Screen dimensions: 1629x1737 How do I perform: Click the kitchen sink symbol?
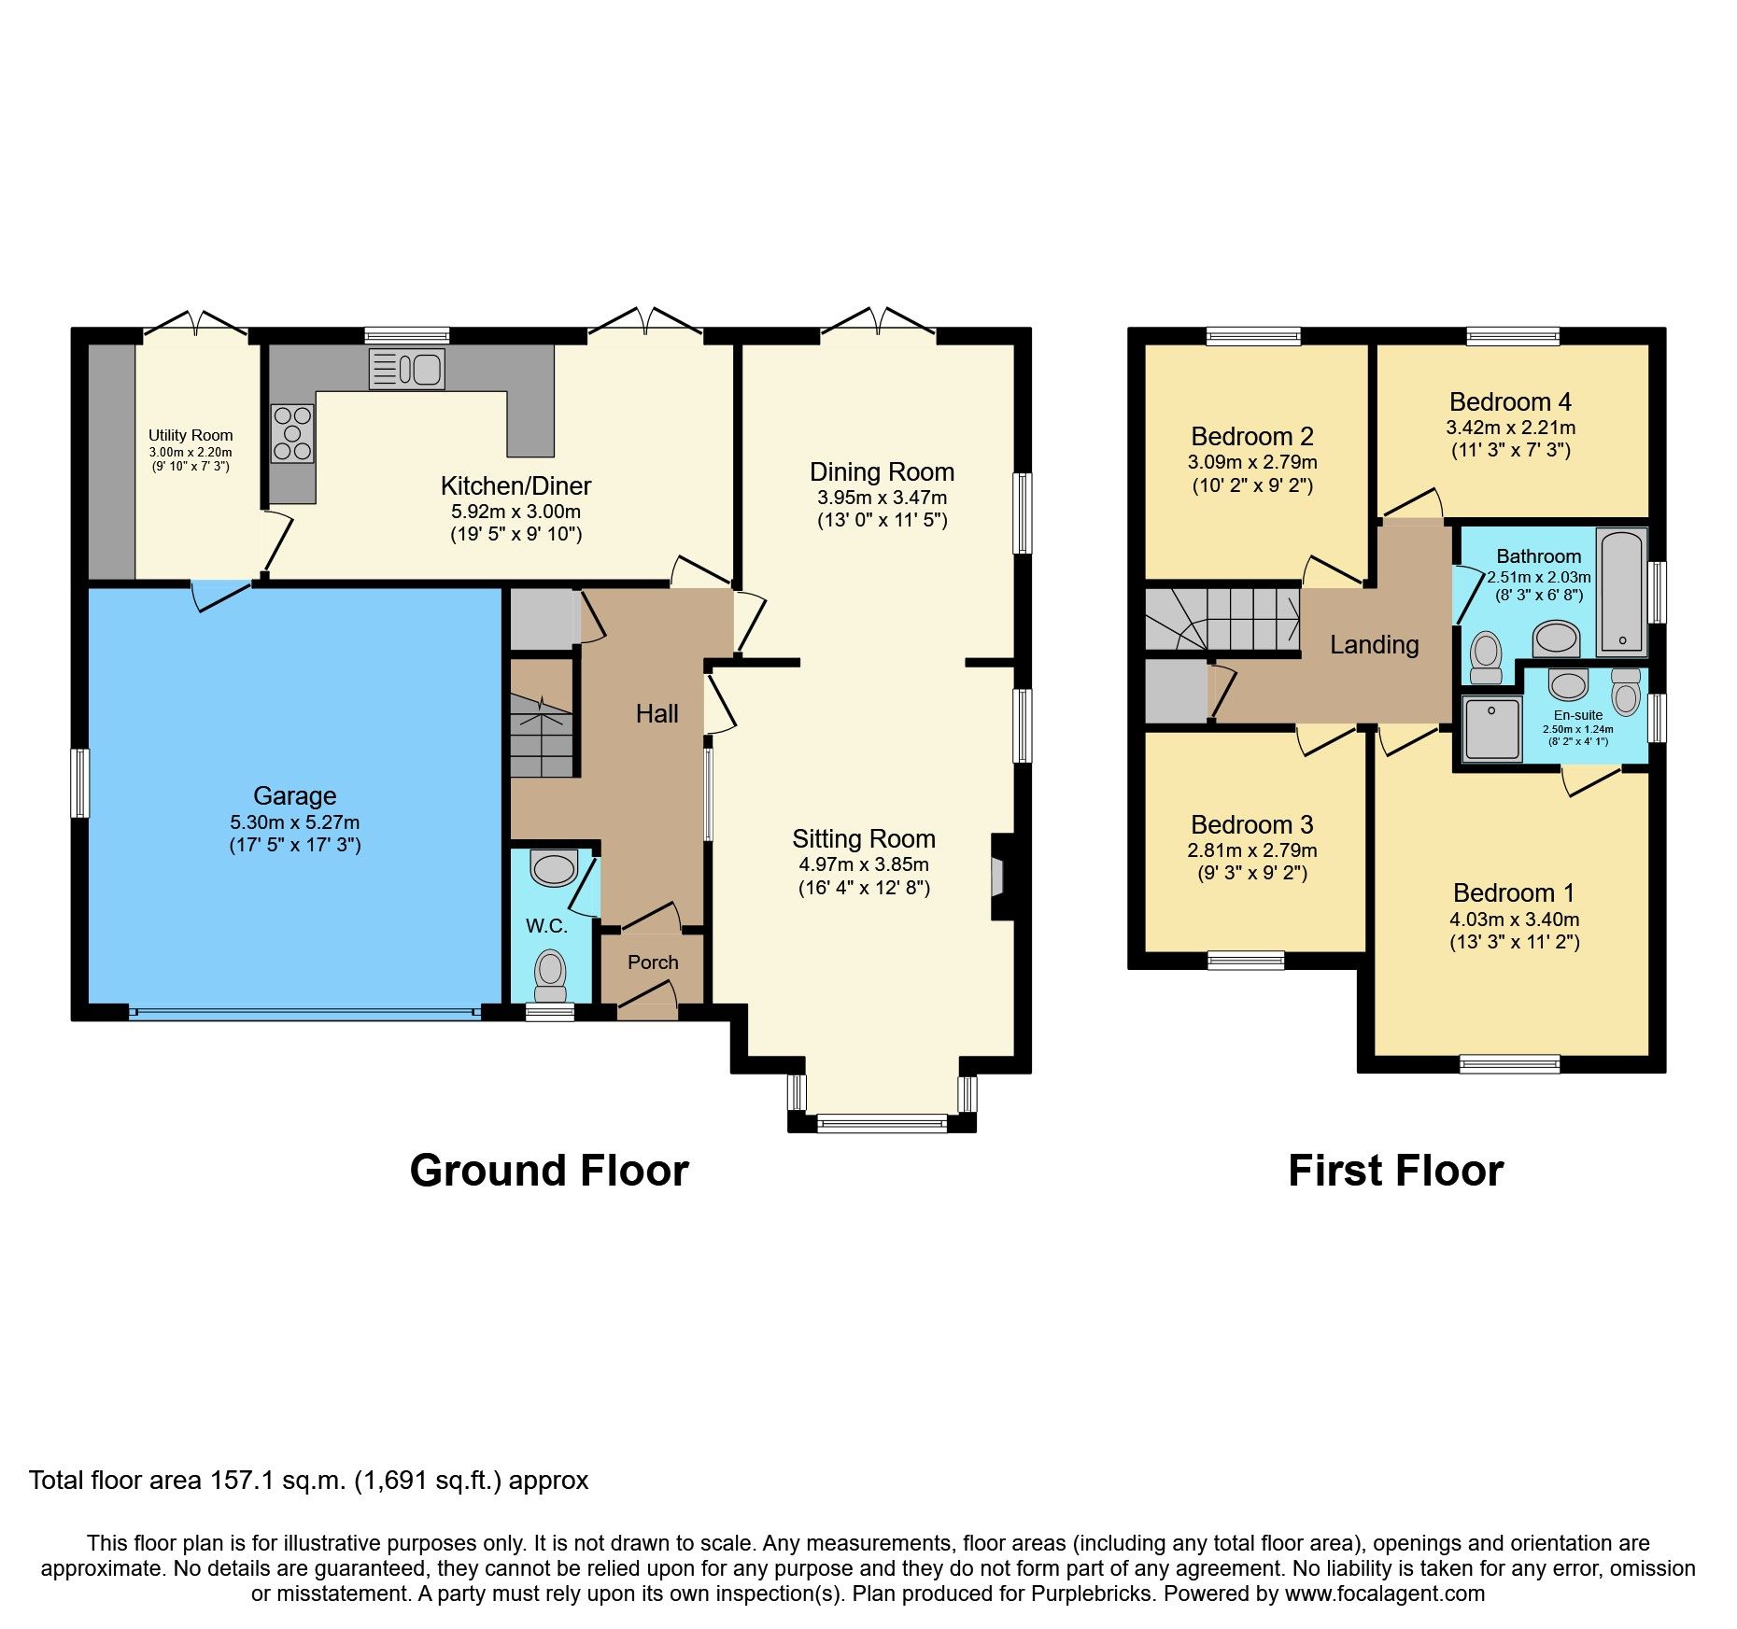point(407,369)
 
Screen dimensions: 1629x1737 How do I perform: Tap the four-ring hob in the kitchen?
point(292,433)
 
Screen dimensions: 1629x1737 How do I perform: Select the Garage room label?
point(294,796)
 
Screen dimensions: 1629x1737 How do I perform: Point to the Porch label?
point(653,962)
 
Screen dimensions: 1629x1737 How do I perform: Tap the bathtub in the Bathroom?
point(1622,591)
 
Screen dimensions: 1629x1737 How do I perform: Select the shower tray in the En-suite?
point(1491,729)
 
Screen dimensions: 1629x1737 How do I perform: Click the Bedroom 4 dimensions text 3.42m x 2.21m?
point(1510,428)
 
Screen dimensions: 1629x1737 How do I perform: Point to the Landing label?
point(1374,645)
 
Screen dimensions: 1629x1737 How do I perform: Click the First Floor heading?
point(1395,1172)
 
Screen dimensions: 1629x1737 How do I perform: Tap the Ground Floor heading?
point(549,1172)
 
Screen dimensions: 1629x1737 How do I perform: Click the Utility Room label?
point(191,435)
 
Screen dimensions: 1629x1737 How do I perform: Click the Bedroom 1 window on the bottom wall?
point(1510,1063)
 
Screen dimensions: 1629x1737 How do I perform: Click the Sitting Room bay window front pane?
point(882,1123)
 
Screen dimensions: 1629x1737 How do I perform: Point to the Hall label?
point(657,714)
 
